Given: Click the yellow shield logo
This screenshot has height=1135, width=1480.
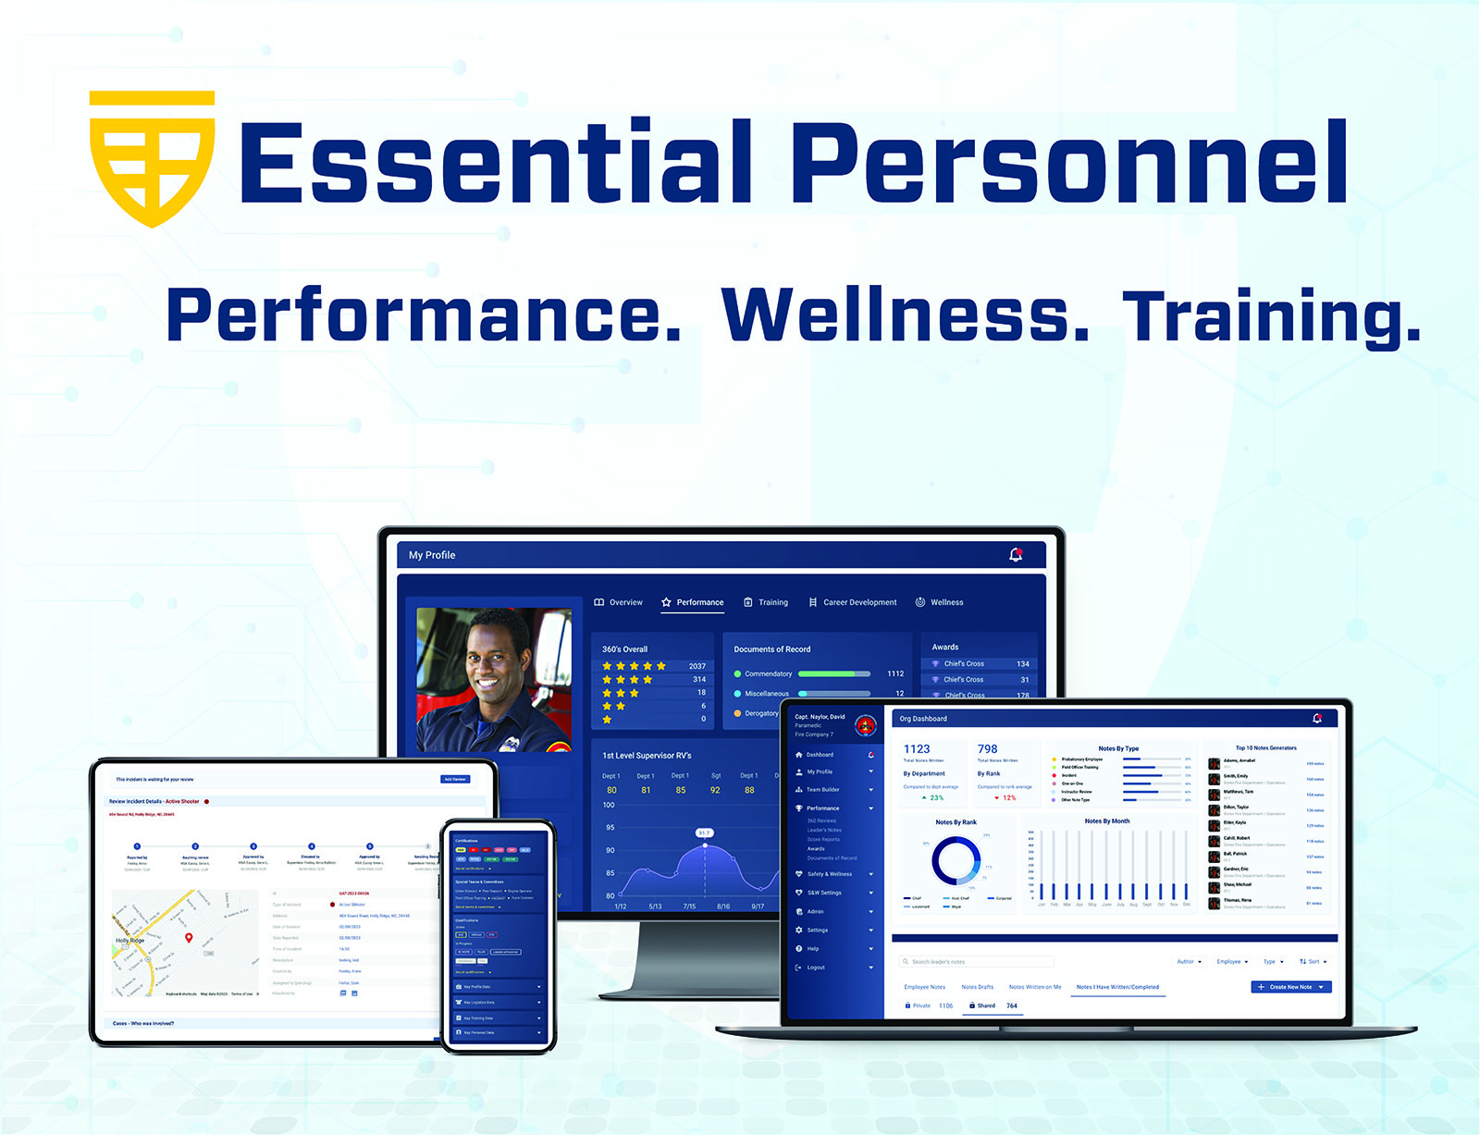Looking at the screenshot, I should pyautogui.click(x=153, y=157).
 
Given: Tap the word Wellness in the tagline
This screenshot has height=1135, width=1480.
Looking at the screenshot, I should pyautogui.click(x=905, y=315).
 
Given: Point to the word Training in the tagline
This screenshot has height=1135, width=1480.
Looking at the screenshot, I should pyautogui.click(x=1271, y=317).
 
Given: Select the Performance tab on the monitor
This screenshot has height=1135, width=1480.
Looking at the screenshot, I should pyautogui.click(x=693, y=602).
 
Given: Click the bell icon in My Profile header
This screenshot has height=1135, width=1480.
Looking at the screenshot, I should pyautogui.click(x=1016, y=555).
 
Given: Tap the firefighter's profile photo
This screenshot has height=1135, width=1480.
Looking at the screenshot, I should pyautogui.click(x=494, y=680).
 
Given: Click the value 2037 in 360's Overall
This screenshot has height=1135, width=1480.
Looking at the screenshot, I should pyautogui.click(x=697, y=666).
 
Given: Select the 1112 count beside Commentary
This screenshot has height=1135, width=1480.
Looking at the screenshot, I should pyautogui.click(x=895, y=673).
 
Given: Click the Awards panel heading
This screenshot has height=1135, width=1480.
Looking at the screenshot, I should pyautogui.click(x=945, y=647).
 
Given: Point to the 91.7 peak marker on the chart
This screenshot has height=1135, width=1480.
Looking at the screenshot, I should pyautogui.click(x=705, y=833).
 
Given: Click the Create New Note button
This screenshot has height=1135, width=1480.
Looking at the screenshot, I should pyautogui.click(x=1290, y=987).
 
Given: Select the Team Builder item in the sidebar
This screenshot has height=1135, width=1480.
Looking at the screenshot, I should pyautogui.click(x=822, y=790).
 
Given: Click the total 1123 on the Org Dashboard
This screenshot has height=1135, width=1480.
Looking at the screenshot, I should pyautogui.click(x=917, y=749).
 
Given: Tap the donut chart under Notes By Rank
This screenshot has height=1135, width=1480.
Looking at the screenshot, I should pyautogui.click(x=956, y=861).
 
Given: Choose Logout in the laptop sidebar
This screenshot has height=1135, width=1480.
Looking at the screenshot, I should pyautogui.click(x=815, y=968).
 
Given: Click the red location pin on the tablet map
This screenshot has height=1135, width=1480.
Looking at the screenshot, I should pyautogui.click(x=189, y=938).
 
